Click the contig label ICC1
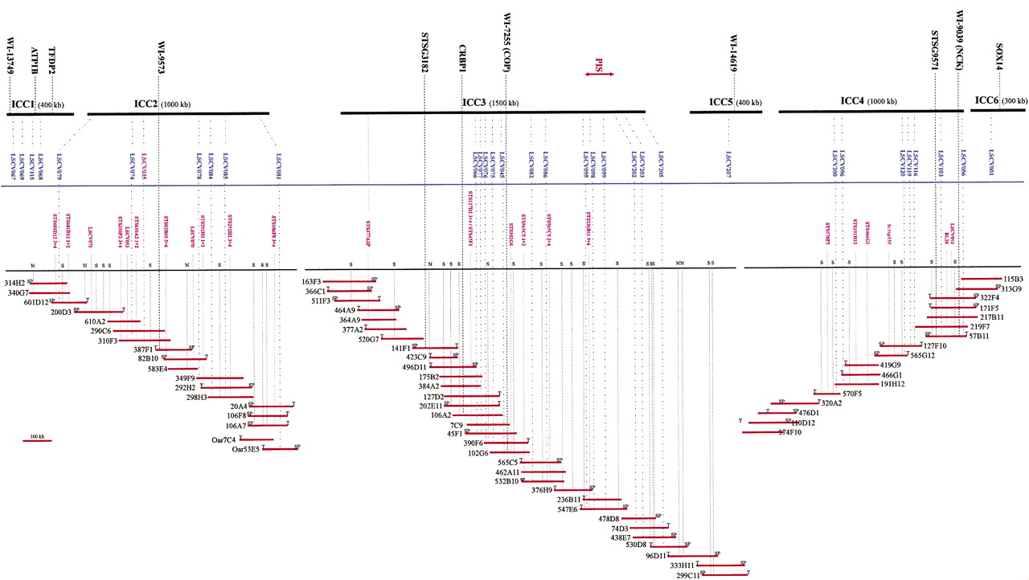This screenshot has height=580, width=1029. tap(23, 104)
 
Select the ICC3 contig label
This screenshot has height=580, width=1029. tap(474, 103)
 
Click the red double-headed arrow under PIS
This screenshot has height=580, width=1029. tap(600, 74)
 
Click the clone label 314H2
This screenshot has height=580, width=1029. tap(15, 284)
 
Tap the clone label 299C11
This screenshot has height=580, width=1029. tap(688, 575)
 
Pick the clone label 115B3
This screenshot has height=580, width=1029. tap(1011, 279)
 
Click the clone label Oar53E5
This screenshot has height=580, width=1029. tap(246, 450)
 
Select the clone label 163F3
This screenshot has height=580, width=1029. tap(311, 282)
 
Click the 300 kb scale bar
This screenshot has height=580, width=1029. tap(37, 441)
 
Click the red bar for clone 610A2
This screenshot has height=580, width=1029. tap(125, 321)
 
